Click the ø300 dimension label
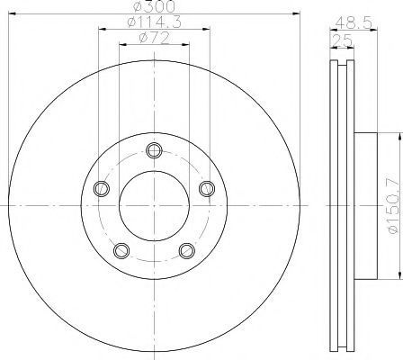[154, 6]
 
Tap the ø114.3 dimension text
[154, 22]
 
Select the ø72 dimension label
[154, 38]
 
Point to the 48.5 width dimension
[354, 22]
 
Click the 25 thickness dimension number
[341, 40]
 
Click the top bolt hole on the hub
[155, 150]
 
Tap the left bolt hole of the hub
[102, 189]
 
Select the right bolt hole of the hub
[207, 189]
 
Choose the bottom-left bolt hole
[121, 250]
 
